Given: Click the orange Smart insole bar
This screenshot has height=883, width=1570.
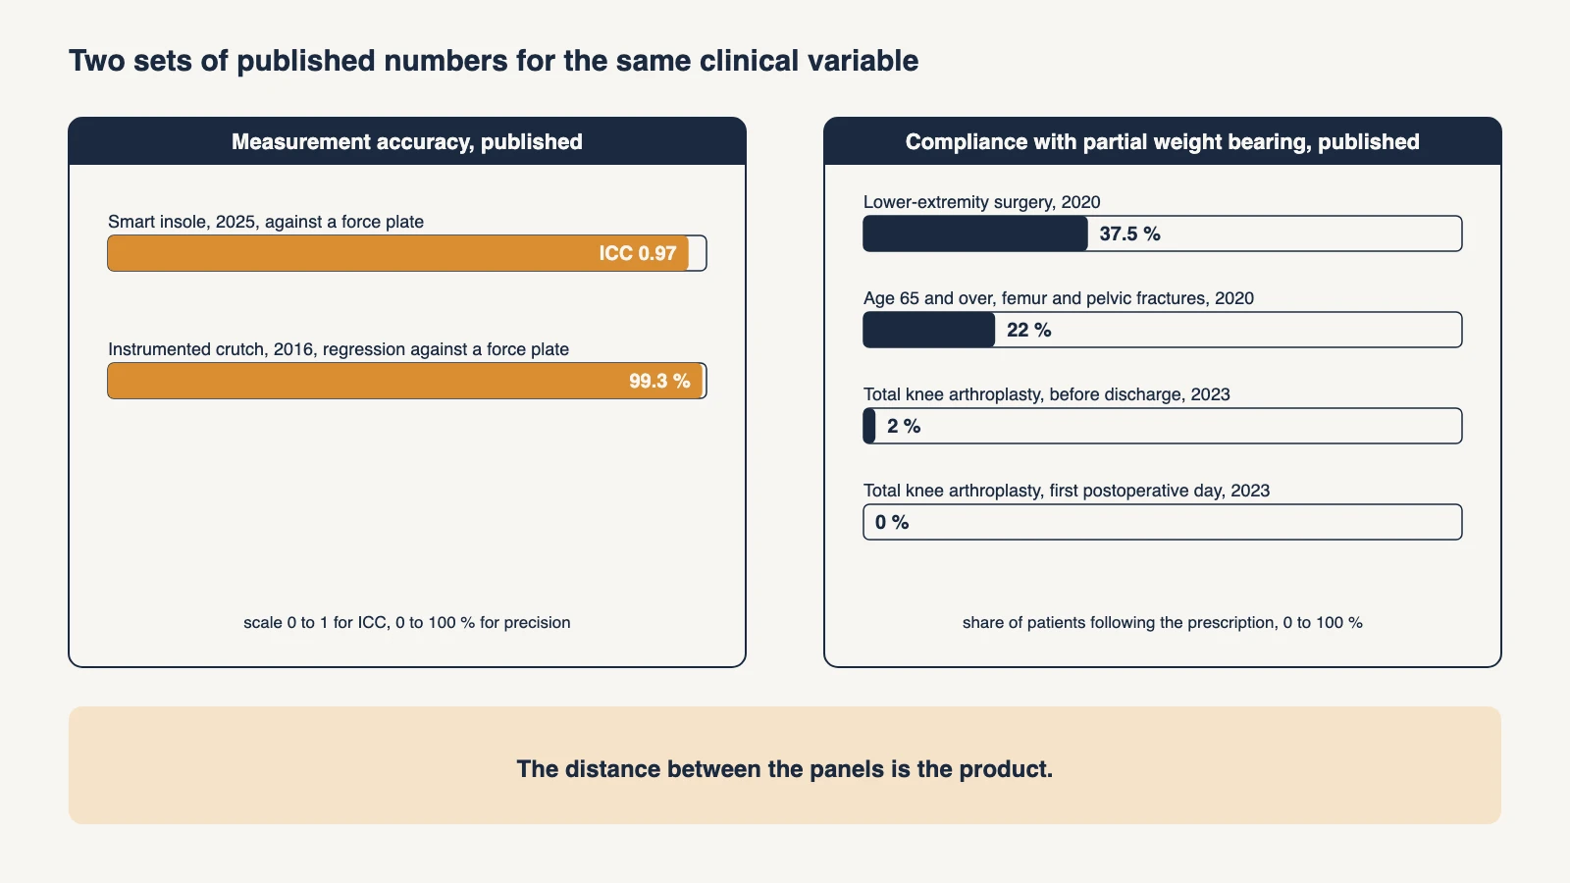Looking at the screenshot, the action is click(398, 253).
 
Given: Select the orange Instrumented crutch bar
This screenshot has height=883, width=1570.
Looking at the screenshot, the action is click(405, 381).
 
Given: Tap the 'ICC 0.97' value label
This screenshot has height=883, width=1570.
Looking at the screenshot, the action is click(637, 253).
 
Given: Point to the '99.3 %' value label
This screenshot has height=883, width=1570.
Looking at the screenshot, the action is click(659, 381).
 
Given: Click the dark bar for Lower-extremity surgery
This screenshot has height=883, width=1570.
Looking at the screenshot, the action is click(975, 234).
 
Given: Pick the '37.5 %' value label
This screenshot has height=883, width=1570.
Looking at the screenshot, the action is click(1129, 234).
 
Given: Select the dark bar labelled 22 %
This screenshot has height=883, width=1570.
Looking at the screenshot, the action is click(929, 330).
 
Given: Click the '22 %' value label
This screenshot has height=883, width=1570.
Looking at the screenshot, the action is click(1029, 330).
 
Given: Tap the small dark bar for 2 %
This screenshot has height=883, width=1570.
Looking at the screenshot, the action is click(869, 426).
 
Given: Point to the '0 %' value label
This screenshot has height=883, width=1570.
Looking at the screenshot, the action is click(892, 522).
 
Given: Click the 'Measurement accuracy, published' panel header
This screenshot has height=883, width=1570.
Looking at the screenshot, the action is click(407, 141).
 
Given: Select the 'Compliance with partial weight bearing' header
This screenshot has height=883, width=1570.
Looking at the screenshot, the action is click(1163, 141).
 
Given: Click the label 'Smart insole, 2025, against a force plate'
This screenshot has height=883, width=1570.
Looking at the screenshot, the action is click(266, 222).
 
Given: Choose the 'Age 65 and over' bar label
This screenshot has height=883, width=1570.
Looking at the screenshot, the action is click(1059, 298).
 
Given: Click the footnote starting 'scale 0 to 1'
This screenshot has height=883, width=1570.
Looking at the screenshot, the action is click(407, 622).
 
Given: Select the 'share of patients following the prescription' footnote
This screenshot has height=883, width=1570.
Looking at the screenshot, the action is click(1163, 622).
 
